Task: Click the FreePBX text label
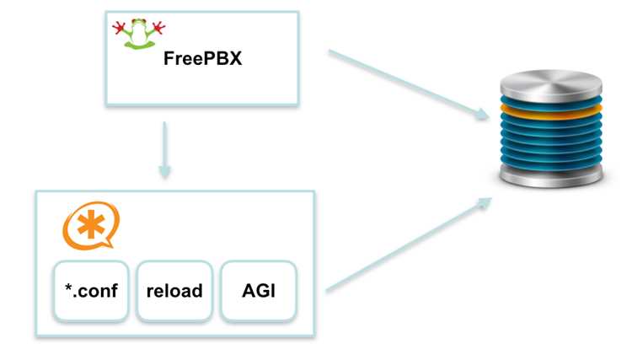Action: pyautogui.click(x=203, y=58)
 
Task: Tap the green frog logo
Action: pyautogui.click(x=139, y=34)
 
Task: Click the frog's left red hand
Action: pyautogui.click(x=119, y=28)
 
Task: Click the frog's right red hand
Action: pyautogui.click(x=158, y=27)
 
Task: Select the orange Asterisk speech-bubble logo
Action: pyautogui.click(x=91, y=225)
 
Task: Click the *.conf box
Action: pyautogui.click(x=91, y=291)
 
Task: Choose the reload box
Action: pyautogui.click(x=174, y=291)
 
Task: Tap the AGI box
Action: pyautogui.click(x=259, y=291)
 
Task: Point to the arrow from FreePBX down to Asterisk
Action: pyautogui.click(x=164, y=150)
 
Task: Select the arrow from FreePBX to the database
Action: pyautogui.click(x=409, y=84)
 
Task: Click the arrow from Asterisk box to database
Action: pyautogui.click(x=409, y=244)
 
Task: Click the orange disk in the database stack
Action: pyautogui.click(x=551, y=111)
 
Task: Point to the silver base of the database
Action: pyautogui.click(x=551, y=176)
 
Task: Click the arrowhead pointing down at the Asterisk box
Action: pyautogui.click(x=164, y=171)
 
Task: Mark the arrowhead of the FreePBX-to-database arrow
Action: pyautogui.click(x=482, y=115)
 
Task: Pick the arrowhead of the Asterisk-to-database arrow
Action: pyautogui.click(x=484, y=202)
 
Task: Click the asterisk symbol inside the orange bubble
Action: pyautogui.click(x=91, y=223)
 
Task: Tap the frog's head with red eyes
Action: pyautogui.click(x=139, y=23)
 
